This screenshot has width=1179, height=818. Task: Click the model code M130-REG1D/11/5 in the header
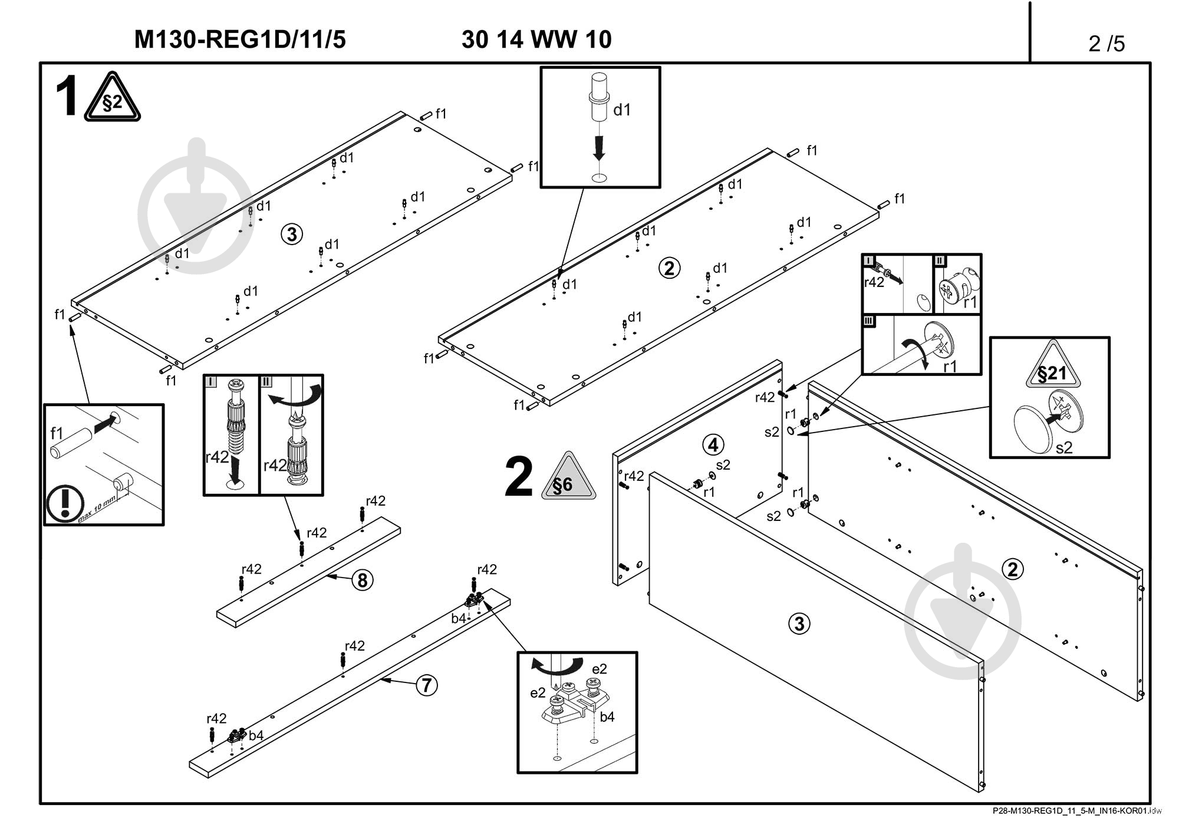tap(240, 39)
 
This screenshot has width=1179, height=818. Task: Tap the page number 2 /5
tap(1106, 44)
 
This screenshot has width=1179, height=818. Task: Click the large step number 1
tap(67, 97)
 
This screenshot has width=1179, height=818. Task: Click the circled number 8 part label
tap(363, 580)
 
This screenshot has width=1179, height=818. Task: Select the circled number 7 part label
tap(427, 685)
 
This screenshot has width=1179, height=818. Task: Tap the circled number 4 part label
tap(713, 444)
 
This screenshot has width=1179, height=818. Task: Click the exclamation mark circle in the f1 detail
tap(65, 503)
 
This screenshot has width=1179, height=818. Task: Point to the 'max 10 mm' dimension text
tap(97, 510)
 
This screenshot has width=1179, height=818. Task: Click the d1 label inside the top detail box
tap(622, 110)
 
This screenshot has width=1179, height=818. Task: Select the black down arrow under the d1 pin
tap(599, 147)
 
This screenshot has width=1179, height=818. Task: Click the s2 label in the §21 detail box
tap(1063, 448)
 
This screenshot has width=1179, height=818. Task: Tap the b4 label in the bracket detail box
tap(607, 717)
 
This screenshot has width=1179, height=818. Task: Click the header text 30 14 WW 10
tap(536, 39)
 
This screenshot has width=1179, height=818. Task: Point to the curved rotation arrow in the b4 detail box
tap(554, 666)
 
